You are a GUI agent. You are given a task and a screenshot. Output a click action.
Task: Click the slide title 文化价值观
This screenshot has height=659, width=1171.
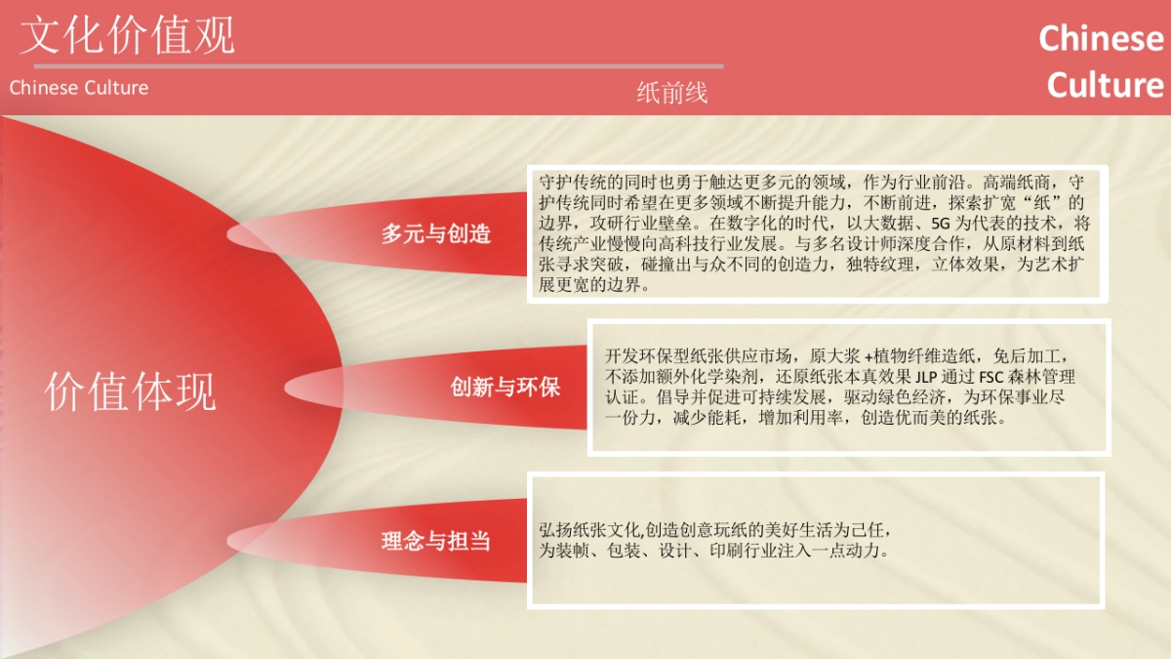(128, 35)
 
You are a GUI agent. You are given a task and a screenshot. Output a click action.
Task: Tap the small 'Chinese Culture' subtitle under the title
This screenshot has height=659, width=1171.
(79, 88)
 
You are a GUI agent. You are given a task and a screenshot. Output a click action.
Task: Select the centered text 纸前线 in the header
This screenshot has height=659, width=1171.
(671, 93)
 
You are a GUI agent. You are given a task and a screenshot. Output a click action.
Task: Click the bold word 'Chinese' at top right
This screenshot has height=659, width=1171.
(1101, 39)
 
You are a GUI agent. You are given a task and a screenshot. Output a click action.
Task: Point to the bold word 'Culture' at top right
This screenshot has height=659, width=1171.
(1105, 86)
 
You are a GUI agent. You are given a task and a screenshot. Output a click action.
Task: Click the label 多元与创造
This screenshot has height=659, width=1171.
(436, 234)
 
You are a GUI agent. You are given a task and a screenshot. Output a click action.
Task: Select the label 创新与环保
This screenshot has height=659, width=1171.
(505, 387)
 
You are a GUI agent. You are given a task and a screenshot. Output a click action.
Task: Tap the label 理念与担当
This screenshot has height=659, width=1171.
(436, 541)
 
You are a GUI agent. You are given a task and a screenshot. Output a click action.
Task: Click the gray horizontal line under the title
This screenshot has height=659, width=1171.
(371, 66)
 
